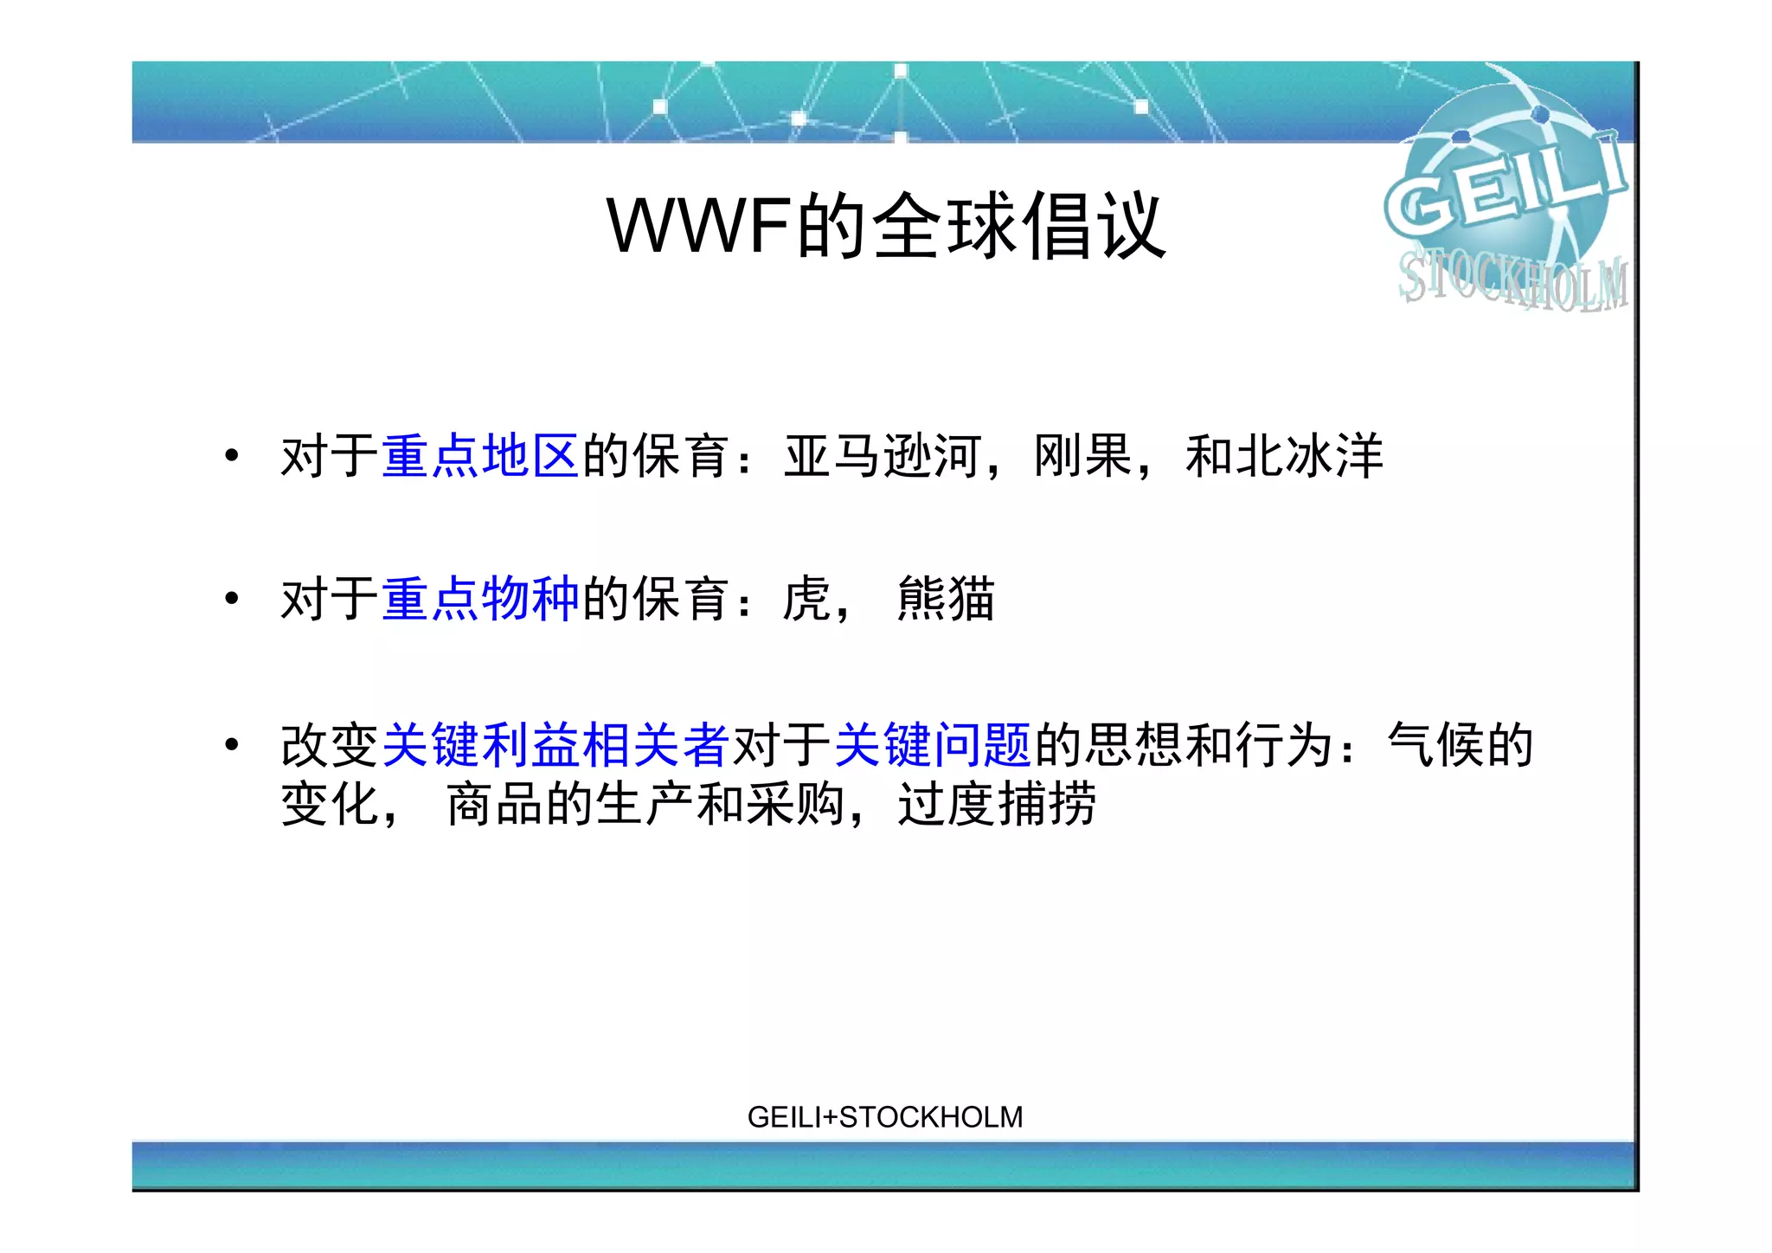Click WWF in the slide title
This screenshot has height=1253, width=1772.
699,226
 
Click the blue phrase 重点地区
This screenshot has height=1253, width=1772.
479,456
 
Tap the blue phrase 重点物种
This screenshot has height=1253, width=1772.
479,599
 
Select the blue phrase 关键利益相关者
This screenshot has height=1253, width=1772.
555,745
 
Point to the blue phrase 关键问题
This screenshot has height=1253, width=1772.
933,745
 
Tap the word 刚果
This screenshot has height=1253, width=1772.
1083,456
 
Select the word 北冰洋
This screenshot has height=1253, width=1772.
1310,456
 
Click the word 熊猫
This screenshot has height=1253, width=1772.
947,599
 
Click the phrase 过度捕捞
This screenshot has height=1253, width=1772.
997,804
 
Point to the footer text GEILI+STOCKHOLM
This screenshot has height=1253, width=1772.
884,1117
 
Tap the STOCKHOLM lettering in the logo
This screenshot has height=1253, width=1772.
1512,280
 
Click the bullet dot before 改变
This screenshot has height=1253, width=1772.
231,744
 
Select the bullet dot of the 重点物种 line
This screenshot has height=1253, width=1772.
231,598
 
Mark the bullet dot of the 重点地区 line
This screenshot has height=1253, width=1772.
231,455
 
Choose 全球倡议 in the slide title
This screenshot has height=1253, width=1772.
1019,226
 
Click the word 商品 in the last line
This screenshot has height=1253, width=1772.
495,804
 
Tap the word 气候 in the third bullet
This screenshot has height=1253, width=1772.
1436,745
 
